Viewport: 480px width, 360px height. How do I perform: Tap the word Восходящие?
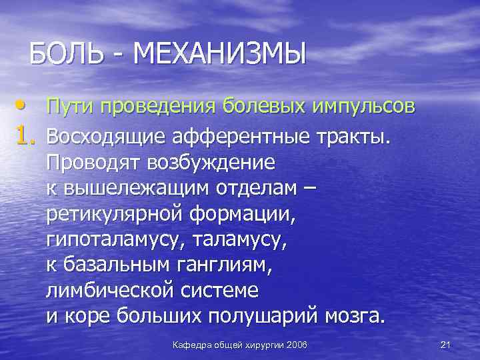point(107,137)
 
